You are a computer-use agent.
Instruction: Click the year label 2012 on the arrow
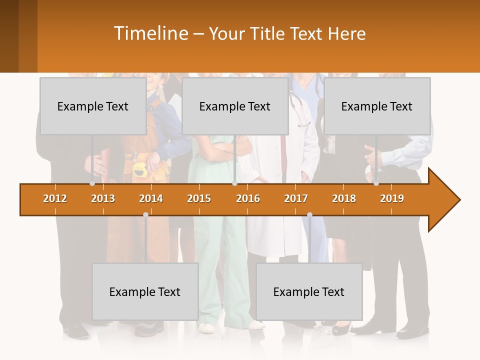[x=55, y=198]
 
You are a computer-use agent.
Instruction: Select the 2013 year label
[x=103, y=198]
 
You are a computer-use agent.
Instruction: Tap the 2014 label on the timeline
[x=151, y=198]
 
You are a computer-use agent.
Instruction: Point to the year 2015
[x=199, y=198]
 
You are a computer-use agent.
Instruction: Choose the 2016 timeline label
[x=248, y=198]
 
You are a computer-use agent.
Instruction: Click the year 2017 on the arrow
[x=296, y=198]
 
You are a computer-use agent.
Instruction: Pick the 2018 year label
[x=344, y=198]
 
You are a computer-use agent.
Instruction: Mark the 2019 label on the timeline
[x=392, y=198]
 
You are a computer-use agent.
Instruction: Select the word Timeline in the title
[x=150, y=33]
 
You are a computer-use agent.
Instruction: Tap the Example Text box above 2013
[x=93, y=106]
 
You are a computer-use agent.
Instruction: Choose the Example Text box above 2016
[x=235, y=106]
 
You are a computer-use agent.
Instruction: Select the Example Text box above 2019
[x=377, y=106]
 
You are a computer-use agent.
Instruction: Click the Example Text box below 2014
[x=145, y=291]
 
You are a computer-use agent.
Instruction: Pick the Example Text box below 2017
[x=309, y=291]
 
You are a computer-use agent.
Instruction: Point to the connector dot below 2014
[x=145, y=214]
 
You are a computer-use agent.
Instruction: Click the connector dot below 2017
[x=309, y=214]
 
